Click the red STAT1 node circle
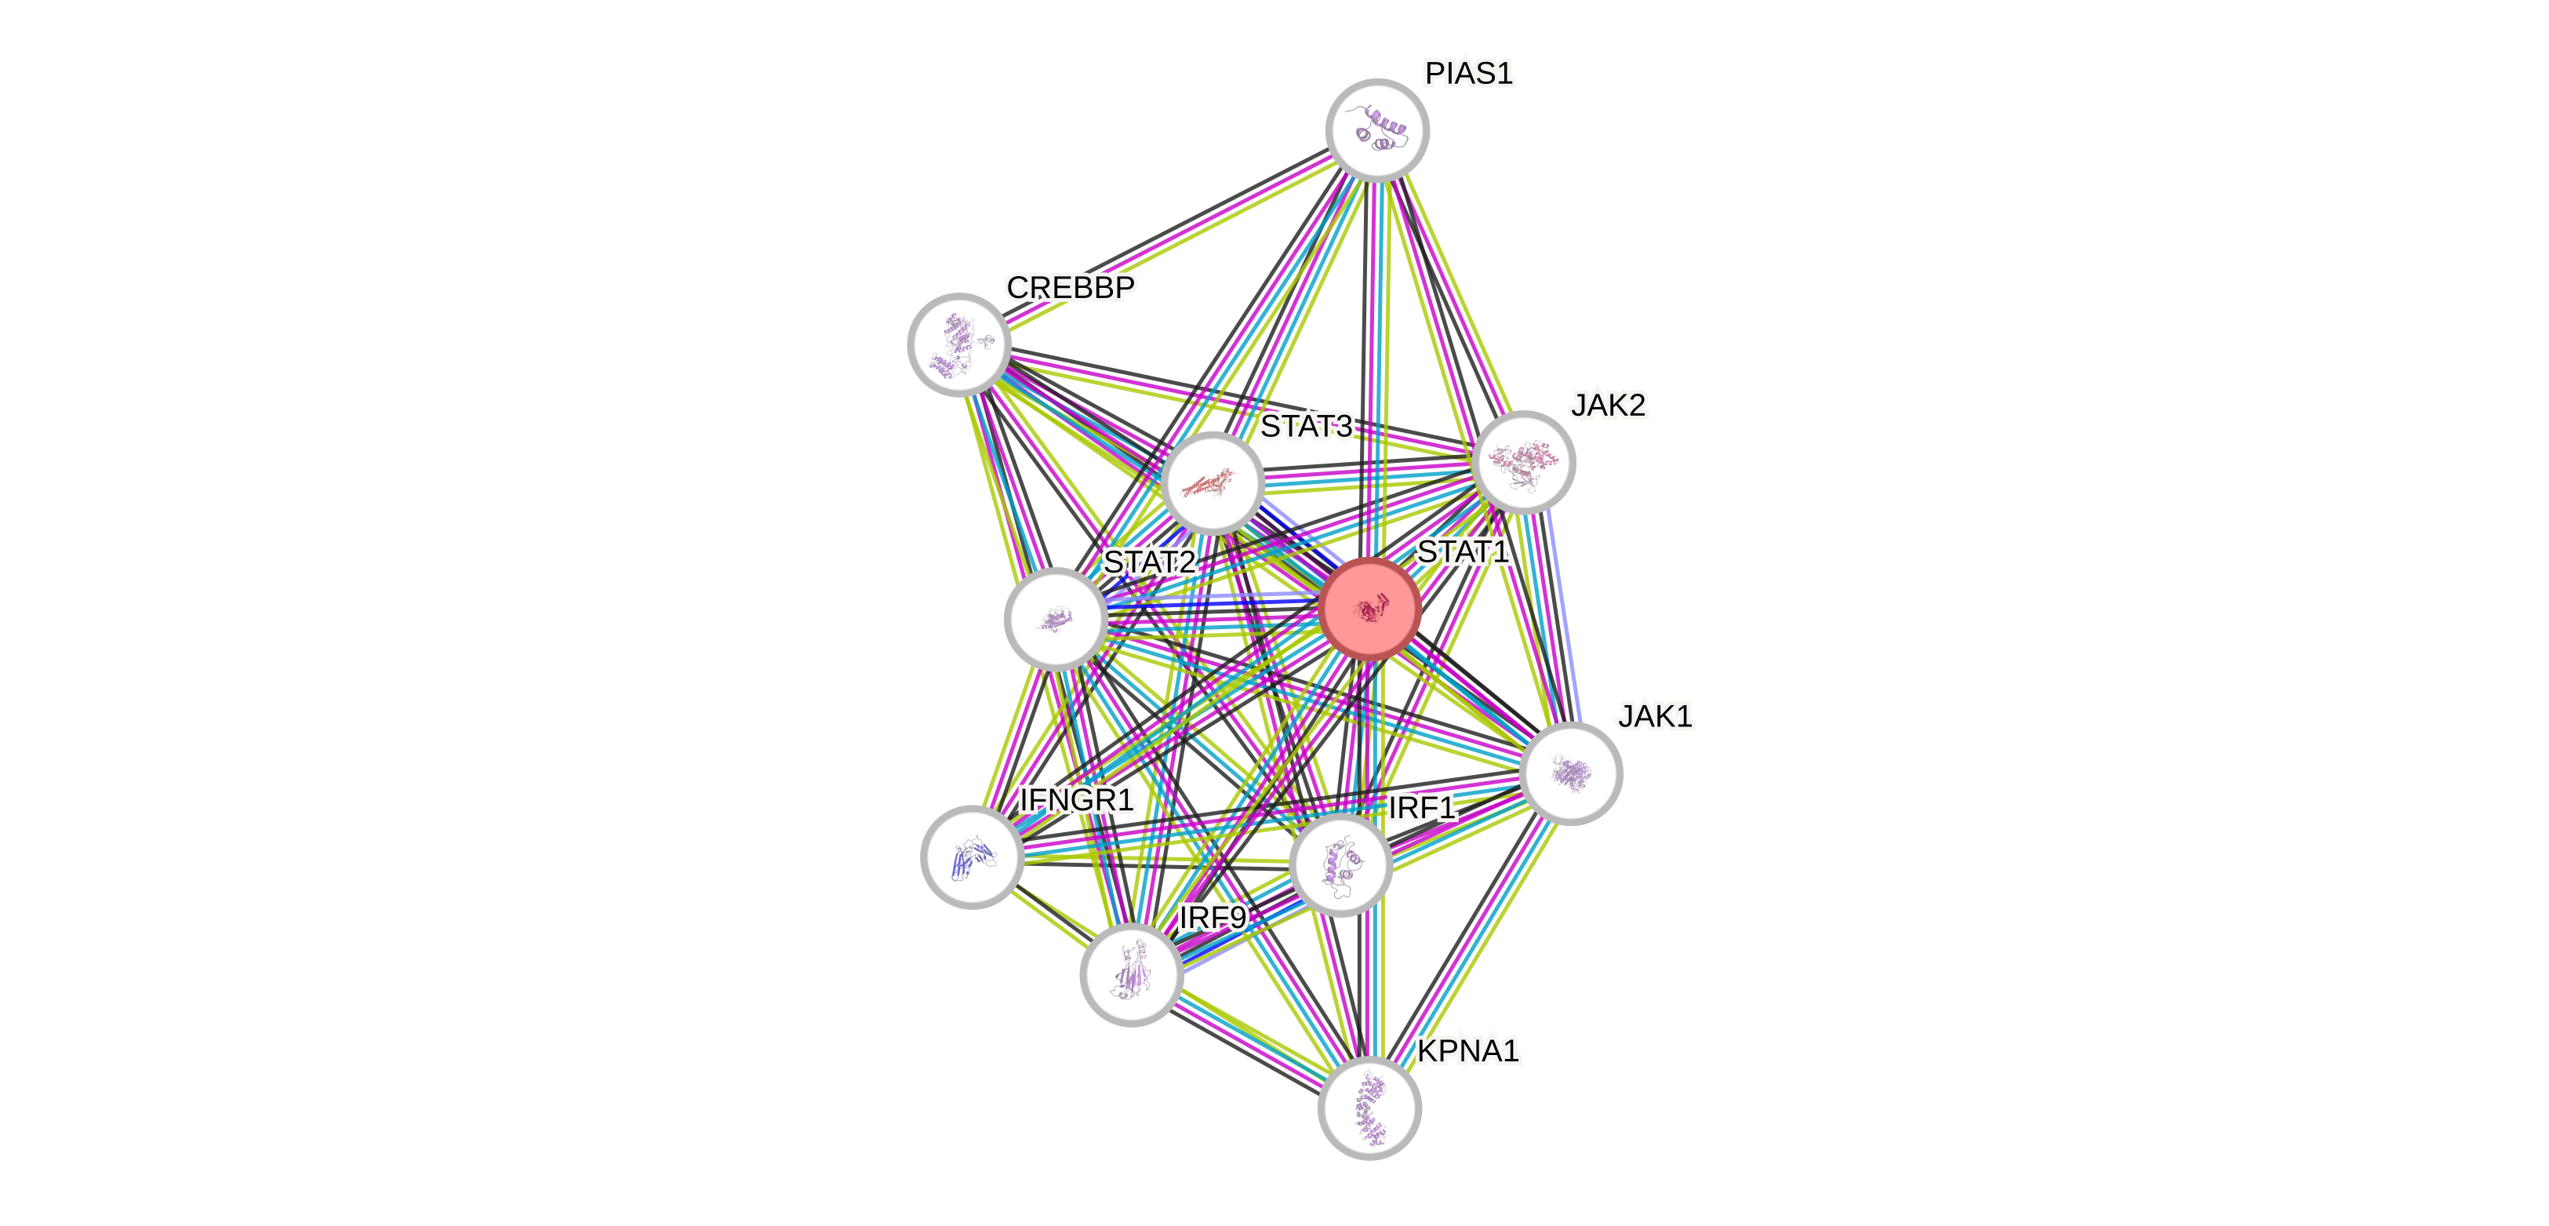(1370, 608)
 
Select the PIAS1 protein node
(1377, 129)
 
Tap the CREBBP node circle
(958, 344)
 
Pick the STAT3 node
(1213, 482)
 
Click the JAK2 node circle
(1524, 462)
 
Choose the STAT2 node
(1055, 618)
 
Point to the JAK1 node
(1570, 773)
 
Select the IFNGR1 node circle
(972, 857)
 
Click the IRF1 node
(1341, 864)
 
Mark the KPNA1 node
(1369, 1108)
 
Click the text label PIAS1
(1468, 73)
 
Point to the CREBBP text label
(1071, 287)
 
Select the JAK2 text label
(1609, 405)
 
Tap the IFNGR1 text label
(1077, 799)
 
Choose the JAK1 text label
(1656, 715)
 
